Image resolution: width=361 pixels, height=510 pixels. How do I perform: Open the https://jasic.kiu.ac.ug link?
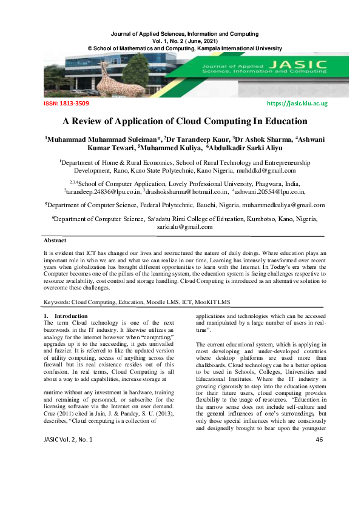pyautogui.click(x=297, y=104)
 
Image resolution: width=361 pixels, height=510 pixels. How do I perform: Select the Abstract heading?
pyautogui.click(x=56, y=240)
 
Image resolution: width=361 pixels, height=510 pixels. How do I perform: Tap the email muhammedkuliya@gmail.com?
pyautogui.click(x=278, y=205)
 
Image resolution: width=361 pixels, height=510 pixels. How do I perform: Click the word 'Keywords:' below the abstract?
pyautogui.click(x=58, y=302)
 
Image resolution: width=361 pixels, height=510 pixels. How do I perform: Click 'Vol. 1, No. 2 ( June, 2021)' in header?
pyautogui.click(x=181, y=41)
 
